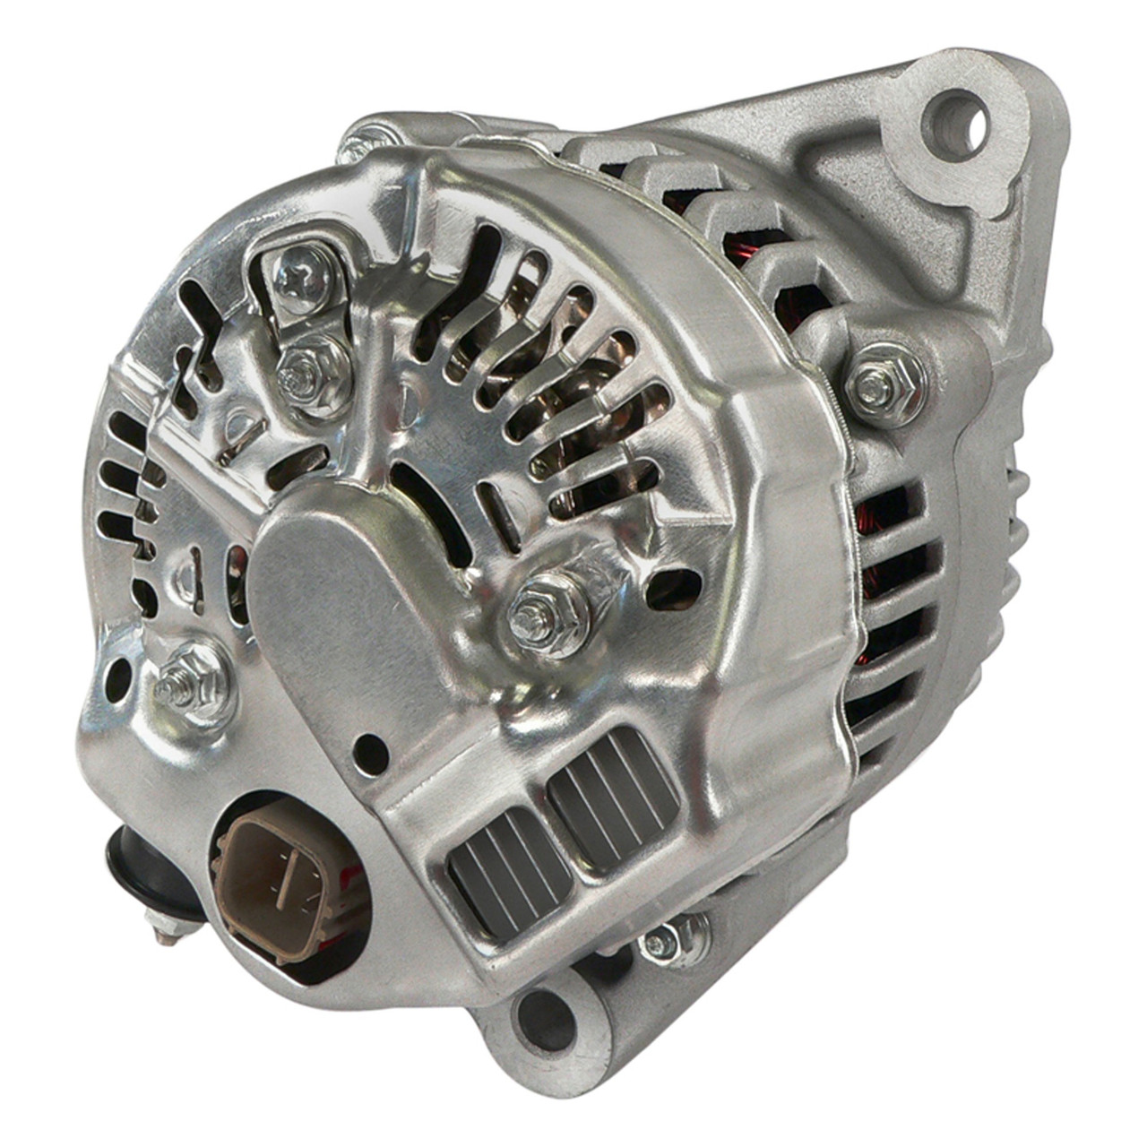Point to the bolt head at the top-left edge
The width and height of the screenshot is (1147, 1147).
pos(371,143)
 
